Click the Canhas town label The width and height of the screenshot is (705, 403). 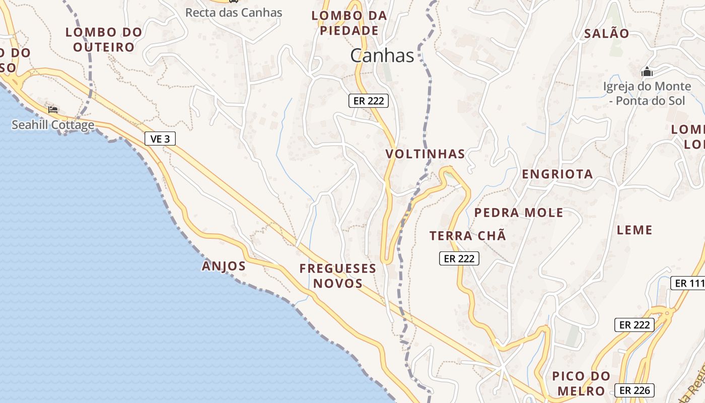tap(382, 55)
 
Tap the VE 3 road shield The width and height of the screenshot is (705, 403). tap(160, 139)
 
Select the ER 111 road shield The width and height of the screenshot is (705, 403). tap(688, 283)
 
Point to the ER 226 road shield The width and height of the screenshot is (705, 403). tap(634, 390)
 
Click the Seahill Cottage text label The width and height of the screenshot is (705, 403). tap(53, 125)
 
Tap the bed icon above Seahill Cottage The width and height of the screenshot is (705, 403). tap(53, 109)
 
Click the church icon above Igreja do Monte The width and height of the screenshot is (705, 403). tap(647, 73)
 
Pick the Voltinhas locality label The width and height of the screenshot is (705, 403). tap(426, 154)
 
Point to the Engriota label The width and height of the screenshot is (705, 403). tap(557, 174)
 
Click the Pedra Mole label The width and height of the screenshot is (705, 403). tap(519, 213)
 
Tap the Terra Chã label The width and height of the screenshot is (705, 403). tap(467, 236)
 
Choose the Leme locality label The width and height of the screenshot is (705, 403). tap(634, 230)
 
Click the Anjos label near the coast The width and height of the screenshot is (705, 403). tap(224, 266)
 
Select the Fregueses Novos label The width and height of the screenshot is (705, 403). tap(338, 276)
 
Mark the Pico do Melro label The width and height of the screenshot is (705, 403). tap(581, 383)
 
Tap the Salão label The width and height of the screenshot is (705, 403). tap(606, 34)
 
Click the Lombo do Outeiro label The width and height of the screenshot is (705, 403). tap(104, 40)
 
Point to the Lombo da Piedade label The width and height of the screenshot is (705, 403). tap(349, 23)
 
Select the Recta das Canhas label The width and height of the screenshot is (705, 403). tap(234, 13)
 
